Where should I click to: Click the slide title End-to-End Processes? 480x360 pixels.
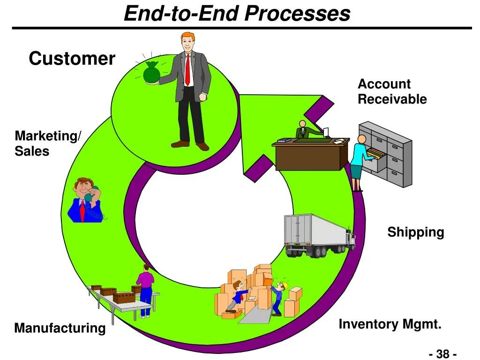click(x=237, y=14)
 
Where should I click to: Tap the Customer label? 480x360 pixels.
click(x=72, y=59)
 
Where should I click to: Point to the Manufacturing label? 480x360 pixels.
click(x=60, y=328)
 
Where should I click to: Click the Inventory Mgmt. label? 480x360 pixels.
click(x=390, y=324)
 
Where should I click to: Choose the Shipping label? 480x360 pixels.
click(x=415, y=232)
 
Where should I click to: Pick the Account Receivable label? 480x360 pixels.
click(x=392, y=91)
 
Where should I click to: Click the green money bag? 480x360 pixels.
click(x=151, y=73)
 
